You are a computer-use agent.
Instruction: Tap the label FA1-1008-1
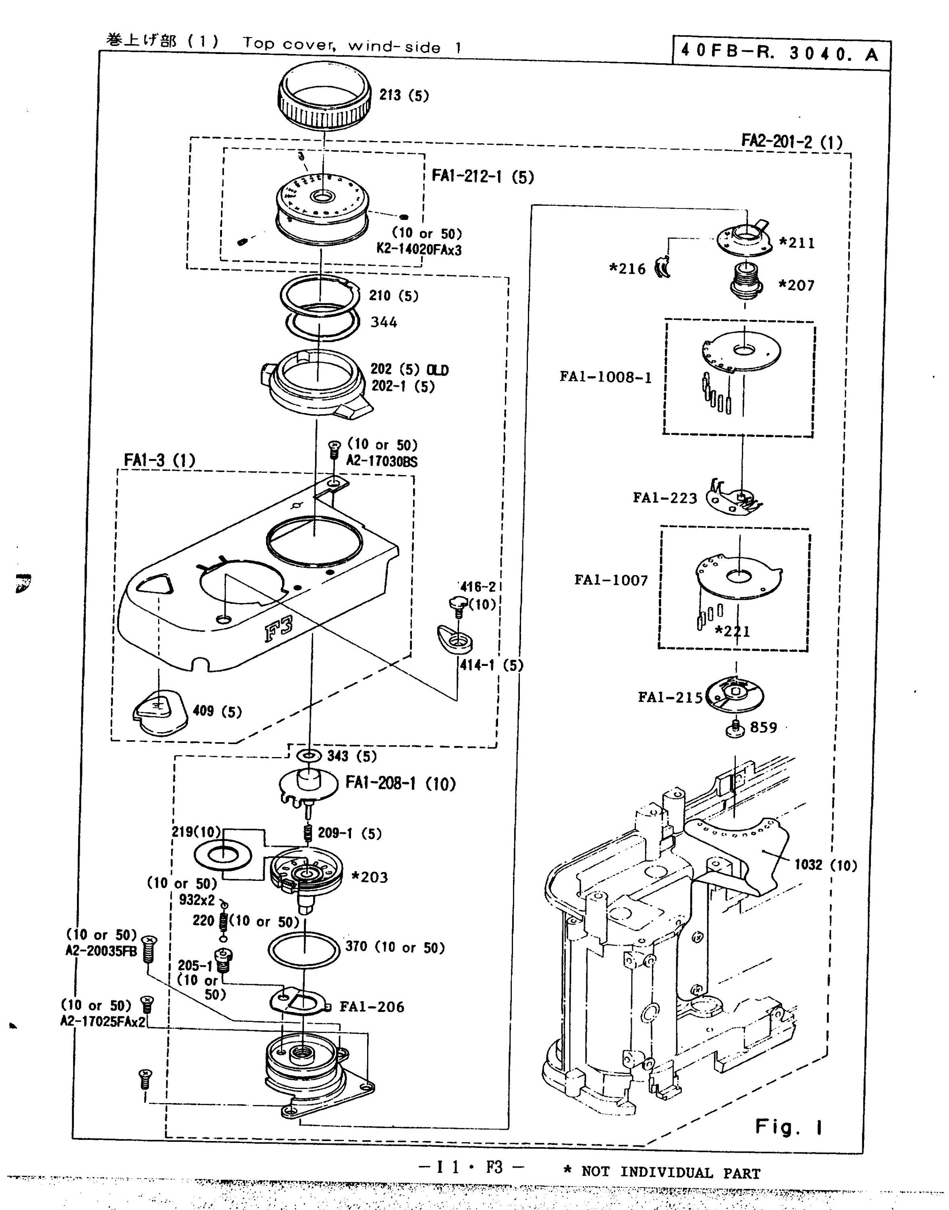coord(605,377)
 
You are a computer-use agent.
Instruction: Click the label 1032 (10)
coord(825,865)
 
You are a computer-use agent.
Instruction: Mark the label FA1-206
coord(372,1006)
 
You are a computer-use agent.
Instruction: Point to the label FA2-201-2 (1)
coord(792,141)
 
